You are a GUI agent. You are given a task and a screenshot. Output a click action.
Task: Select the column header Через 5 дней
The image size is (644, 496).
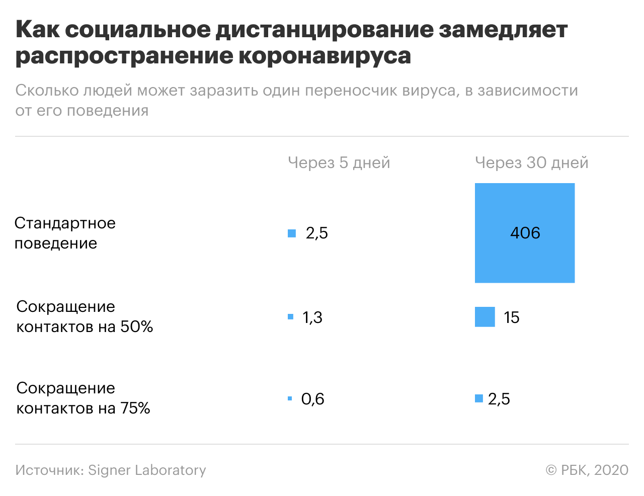pyautogui.click(x=339, y=162)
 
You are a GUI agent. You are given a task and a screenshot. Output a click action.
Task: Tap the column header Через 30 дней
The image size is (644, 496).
pyautogui.click(x=531, y=162)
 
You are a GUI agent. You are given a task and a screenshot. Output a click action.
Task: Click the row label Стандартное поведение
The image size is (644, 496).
pyautogui.click(x=65, y=233)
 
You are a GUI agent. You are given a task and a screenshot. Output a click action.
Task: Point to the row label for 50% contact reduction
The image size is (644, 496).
pyautogui.click(x=85, y=316)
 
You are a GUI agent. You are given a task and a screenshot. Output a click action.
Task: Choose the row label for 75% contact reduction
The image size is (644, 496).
pyautogui.click(x=83, y=398)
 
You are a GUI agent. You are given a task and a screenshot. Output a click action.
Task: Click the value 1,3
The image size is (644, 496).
pyautogui.click(x=312, y=317)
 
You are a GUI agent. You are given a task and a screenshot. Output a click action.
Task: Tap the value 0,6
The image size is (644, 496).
pyautogui.click(x=312, y=399)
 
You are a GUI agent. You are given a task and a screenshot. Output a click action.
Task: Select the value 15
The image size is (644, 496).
pyautogui.click(x=511, y=317)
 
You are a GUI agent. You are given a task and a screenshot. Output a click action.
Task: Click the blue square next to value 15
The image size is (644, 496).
pyautogui.click(x=485, y=317)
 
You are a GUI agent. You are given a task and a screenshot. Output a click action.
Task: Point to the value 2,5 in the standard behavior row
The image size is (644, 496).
pyautogui.click(x=316, y=233)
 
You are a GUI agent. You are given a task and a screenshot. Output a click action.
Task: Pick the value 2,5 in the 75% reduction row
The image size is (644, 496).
pyautogui.click(x=499, y=399)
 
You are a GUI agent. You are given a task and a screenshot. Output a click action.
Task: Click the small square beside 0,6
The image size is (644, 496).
pyautogui.click(x=290, y=398)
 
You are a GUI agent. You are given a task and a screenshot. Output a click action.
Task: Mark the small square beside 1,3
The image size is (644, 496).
pyautogui.click(x=290, y=316)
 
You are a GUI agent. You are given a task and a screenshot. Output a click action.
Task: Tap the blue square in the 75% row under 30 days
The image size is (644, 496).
pyautogui.click(x=479, y=398)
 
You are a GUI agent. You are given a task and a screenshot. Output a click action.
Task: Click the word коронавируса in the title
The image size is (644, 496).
pyautogui.click(x=325, y=56)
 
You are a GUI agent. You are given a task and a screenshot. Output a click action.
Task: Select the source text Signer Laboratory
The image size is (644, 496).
pyautogui.click(x=147, y=470)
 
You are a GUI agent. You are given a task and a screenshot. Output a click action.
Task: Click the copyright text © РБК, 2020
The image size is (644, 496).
pyautogui.click(x=587, y=470)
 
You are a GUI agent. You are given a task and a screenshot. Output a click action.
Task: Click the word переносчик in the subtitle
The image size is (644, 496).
pyautogui.click(x=351, y=91)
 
